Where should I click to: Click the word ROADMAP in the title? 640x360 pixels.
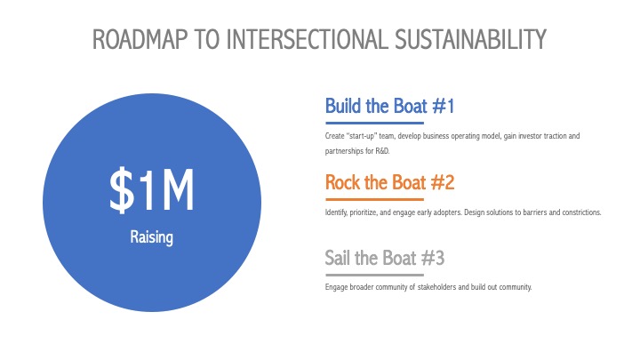(140, 40)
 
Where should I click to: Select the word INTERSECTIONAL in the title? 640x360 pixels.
(307, 40)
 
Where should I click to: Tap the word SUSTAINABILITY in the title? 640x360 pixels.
(470, 40)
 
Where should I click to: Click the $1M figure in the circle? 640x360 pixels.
(152, 190)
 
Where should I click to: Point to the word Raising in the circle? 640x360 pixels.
(151, 237)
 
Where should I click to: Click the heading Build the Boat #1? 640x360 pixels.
(389, 106)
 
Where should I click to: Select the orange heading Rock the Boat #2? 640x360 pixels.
(389, 182)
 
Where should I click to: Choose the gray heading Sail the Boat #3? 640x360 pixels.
(385, 258)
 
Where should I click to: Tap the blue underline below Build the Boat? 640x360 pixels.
(375, 123)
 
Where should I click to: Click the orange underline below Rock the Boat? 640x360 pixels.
(375, 200)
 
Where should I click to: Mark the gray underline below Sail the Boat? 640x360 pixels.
(375, 275)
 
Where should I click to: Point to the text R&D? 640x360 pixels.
(382, 151)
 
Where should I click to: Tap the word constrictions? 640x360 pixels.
(581, 212)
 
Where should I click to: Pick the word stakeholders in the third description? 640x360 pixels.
(436, 287)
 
